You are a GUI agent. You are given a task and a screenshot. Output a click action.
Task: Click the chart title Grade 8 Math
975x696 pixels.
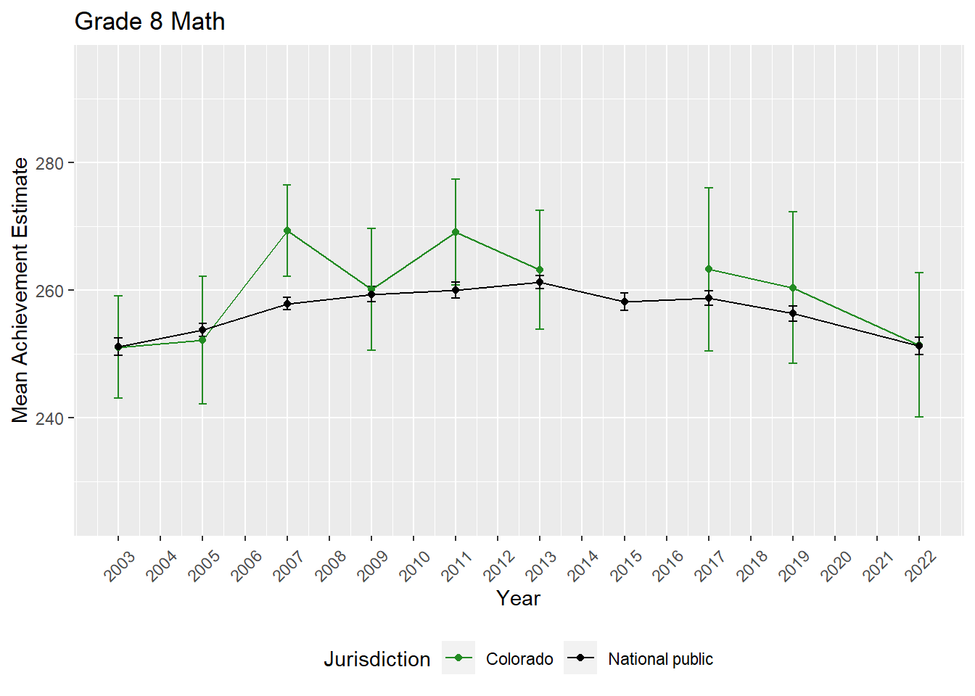pyautogui.click(x=149, y=22)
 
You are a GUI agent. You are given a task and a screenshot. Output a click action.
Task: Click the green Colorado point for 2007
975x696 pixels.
pyautogui.click(x=287, y=231)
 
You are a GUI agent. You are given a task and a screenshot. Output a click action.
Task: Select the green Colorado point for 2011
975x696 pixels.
pyautogui.click(x=456, y=232)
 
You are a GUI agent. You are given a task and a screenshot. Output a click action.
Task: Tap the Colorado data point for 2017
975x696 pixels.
pyautogui.click(x=709, y=270)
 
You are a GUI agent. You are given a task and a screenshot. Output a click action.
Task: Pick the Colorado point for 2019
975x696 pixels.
pyautogui.click(x=793, y=288)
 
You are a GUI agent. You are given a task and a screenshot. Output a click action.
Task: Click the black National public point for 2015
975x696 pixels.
pyautogui.click(x=625, y=302)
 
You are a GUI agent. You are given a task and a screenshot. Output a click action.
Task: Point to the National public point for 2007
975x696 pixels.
pyautogui.click(x=287, y=304)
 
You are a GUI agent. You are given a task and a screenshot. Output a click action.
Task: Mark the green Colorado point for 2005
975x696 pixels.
pyautogui.click(x=202, y=340)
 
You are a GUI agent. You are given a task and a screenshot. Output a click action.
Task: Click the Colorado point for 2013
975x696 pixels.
pyautogui.click(x=540, y=270)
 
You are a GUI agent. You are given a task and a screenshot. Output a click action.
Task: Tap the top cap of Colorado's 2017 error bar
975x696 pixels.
pyautogui.click(x=709, y=188)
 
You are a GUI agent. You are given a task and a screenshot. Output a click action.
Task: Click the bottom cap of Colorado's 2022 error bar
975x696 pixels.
pyautogui.click(x=919, y=417)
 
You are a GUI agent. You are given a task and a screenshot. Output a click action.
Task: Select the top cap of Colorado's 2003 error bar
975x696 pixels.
pyautogui.click(x=118, y=296)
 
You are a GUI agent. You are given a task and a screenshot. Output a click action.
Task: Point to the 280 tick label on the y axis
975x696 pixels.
pyautogui.click(x=51, y=163)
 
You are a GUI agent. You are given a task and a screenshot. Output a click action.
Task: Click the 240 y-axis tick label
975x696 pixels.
pyautogui.click(x=51, y=418)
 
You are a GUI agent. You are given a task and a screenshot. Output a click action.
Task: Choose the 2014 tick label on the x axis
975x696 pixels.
pyautogui.click(x=583, y=566)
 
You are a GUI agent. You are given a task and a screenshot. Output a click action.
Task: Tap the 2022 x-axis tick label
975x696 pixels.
pyautogui.click(x=921, y=566)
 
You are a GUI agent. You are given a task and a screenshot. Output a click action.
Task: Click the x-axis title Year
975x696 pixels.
pyautogui.click(x=518, y=598)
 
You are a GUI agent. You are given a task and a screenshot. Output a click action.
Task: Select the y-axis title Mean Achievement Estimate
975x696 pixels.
pyautogui.click(x=20, y=290)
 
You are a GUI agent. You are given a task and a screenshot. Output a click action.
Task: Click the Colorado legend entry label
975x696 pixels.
pyautogui.click(x=519, y=659)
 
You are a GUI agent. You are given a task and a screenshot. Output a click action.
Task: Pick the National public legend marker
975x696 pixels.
pyautogui.click(x=580, y=658)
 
